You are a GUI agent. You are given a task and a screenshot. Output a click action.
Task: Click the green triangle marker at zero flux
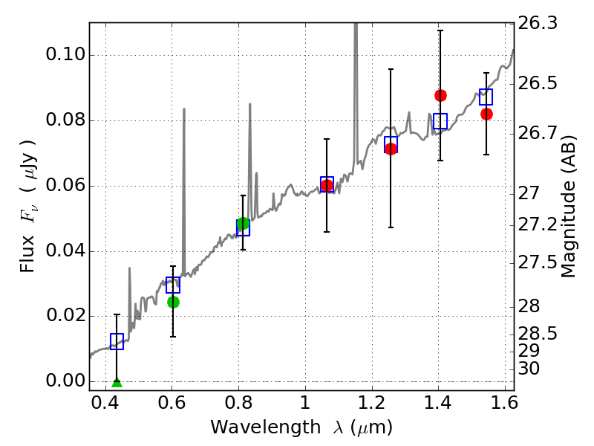[x=117, y=382]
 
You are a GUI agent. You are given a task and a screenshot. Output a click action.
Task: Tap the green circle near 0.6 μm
[x=173, y=302]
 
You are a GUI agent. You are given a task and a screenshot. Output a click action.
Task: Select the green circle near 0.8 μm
[x=243, y=223]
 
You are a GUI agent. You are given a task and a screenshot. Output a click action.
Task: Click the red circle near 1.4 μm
[x=440, y=95]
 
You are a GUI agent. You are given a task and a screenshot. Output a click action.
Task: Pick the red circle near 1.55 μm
[x=486, y=114]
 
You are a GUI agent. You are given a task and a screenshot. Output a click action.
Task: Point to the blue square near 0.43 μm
[x=117, y=341]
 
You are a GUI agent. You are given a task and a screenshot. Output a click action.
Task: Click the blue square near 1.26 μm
[x=391, y=143]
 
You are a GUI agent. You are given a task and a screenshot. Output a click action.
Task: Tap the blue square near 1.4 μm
[x=440, y=121]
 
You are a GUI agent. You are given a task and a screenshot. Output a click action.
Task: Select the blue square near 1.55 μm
[x=486, y=97]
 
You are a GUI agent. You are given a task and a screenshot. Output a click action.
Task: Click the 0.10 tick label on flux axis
[x=65, y=56]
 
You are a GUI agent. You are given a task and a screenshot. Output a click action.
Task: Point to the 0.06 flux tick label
[x=65, y=186]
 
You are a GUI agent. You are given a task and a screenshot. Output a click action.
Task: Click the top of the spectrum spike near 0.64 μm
[x=183, y=109]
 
